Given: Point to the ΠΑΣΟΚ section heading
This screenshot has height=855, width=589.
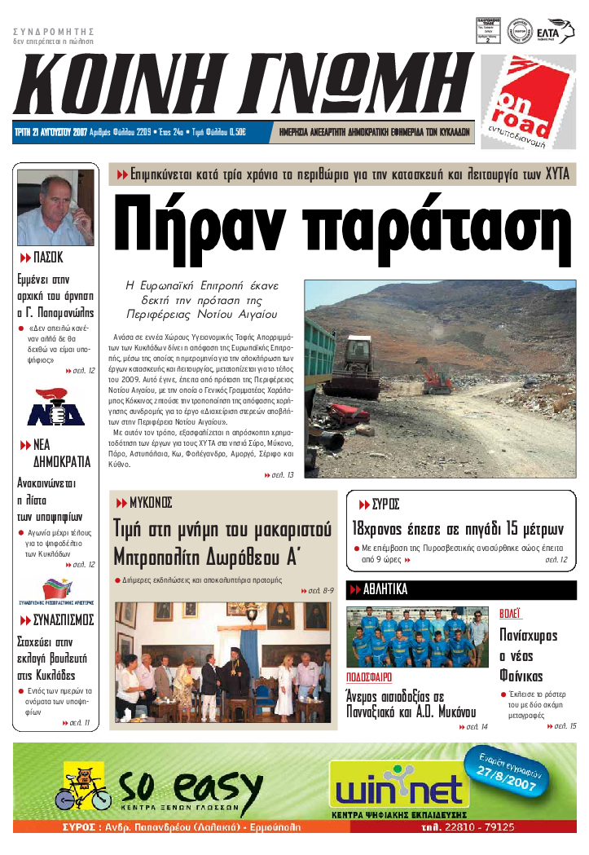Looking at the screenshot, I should pos(47,258).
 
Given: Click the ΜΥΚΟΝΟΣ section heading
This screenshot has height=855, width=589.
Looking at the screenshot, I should pos(150,502).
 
